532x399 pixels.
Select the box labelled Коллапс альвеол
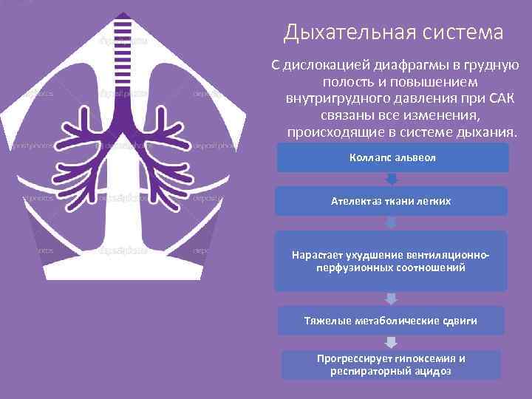pyautogui.click(x=392, y=157)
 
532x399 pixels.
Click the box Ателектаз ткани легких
pyautogui.click(x=391, y=201)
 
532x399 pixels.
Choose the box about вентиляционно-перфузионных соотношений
pyautogui.click(x=391, y=261)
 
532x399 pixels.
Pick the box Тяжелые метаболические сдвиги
pyautogui.click(x=391, y=321)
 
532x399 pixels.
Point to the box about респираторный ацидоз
pyautogui.click(x=391, y=364)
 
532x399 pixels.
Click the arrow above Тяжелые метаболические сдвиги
pyautogui.click(x=391, y=299)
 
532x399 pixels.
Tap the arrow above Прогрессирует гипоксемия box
pyautogui.click(x=391, y=342)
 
